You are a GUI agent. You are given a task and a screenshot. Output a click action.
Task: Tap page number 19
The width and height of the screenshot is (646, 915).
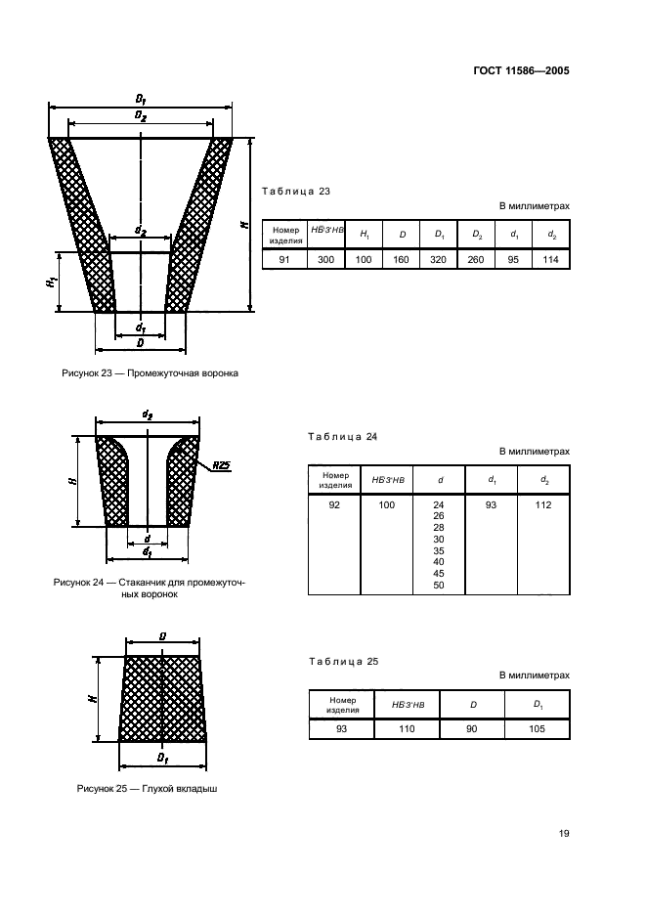click(564, 834)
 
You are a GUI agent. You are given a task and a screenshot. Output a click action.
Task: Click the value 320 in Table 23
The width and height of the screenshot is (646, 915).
click(438, 259)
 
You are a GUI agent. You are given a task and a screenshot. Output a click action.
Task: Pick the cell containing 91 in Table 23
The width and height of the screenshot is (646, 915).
click(283, 259)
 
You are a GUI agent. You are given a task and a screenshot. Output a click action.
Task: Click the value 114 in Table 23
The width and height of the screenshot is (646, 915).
click(551, 259)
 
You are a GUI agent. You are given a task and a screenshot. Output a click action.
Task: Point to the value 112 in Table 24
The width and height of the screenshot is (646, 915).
click(543, 504)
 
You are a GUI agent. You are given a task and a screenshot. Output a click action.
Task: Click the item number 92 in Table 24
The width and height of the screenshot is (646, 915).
click(334, 504)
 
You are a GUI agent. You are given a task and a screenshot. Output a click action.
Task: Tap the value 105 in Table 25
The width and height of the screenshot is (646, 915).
click(538, 728)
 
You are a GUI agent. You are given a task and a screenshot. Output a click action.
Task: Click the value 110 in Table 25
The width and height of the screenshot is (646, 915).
click(407, 728)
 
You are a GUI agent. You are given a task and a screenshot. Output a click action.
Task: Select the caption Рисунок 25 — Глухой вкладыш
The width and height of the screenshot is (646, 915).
click(147, 789)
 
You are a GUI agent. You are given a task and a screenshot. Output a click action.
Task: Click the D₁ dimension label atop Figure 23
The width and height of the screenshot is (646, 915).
click(141, 100)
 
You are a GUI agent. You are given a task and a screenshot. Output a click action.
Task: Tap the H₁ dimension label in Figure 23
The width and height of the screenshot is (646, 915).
click(49, 281)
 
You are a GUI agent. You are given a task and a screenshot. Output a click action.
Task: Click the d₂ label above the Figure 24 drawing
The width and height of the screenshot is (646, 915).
click(148, 415)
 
